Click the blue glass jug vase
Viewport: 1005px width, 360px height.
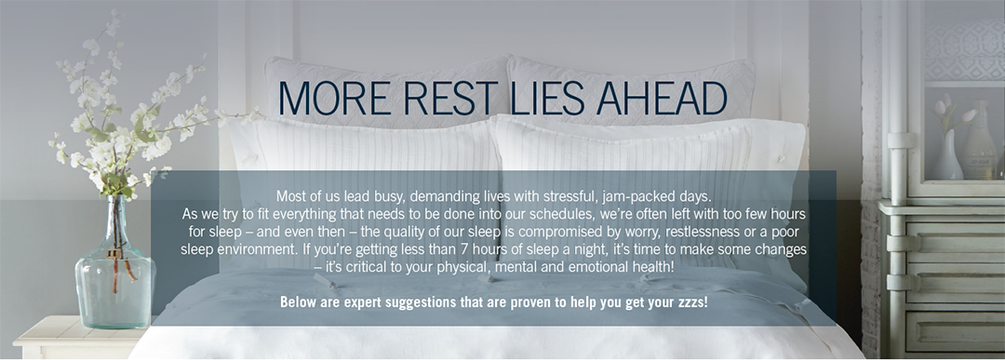(x=114, y=279)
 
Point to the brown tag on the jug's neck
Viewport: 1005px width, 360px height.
(x=114, y=253)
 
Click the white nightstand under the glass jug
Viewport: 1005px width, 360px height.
(x=65, y=340)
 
